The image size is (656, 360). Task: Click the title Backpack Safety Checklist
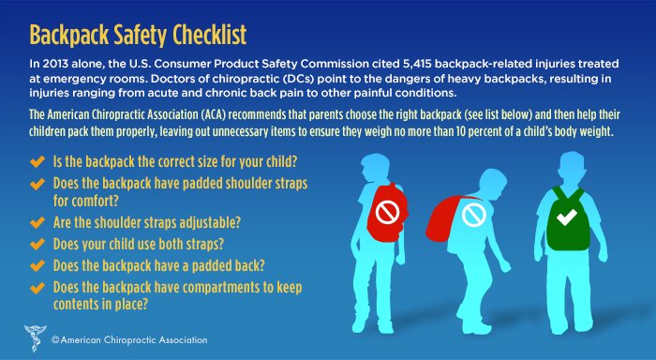[x=139, y=35]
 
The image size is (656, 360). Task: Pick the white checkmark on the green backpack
[x=565, y=218]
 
